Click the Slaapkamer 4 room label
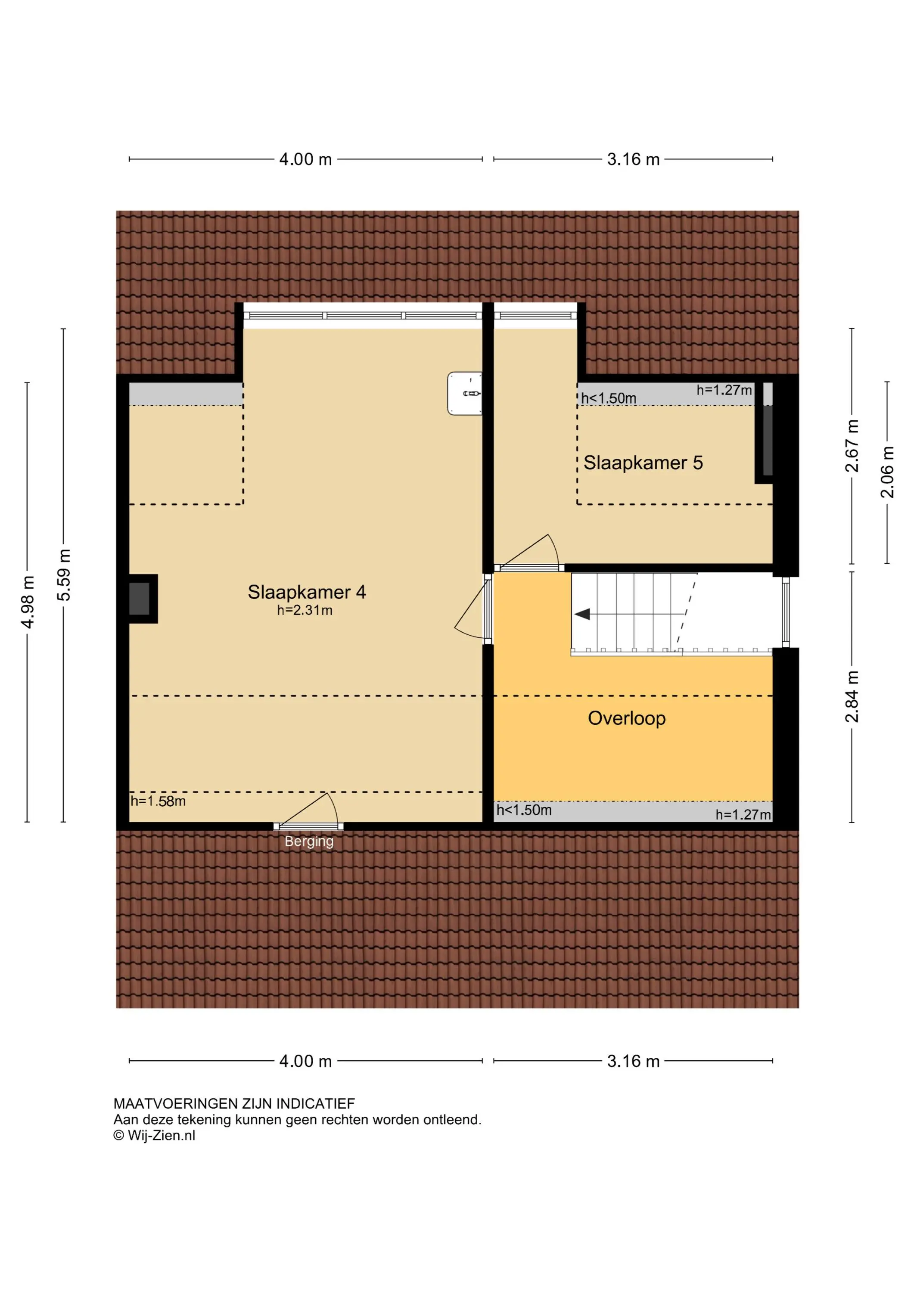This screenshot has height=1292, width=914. [307, 592]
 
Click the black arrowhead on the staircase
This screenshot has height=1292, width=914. [582, 614]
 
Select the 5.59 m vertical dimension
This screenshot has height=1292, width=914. [64, 575]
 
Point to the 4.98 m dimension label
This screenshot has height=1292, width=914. [28, 602]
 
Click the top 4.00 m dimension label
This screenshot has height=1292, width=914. [306, 159]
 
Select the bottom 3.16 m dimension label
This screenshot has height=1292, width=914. [633, 1061]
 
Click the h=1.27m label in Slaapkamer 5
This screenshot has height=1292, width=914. [724, 389]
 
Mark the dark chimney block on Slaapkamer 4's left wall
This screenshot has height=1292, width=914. [140, 598]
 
